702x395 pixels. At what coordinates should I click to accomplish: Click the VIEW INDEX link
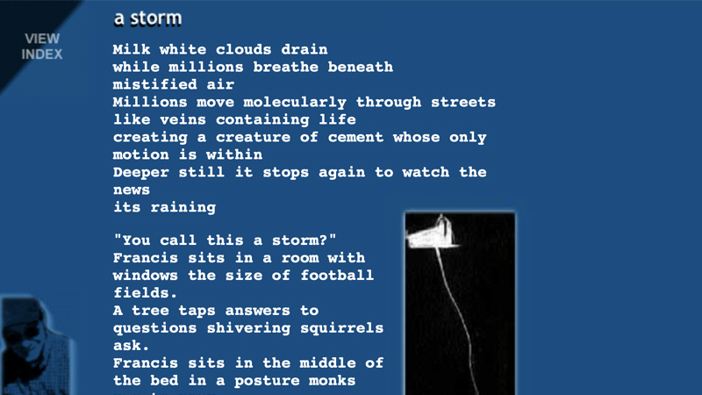click(42, 46)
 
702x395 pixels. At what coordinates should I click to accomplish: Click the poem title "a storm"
click(147, 18)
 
